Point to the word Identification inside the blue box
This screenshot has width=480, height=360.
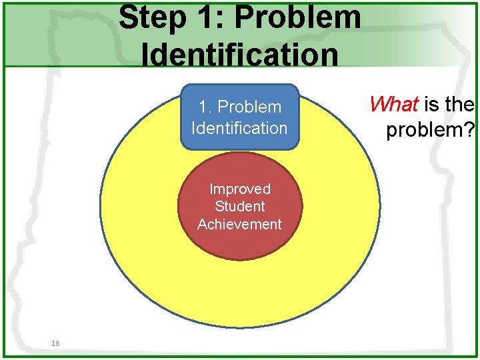click(239, 127)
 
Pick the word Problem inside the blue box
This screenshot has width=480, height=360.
click(250, 107)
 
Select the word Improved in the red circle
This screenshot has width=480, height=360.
click(239, 189)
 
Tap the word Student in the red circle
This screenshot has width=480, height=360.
click(239, 207)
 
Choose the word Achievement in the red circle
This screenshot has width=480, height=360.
click(239, 224)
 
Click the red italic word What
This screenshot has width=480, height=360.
click(393, 104)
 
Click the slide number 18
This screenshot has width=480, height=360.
click(55, 343)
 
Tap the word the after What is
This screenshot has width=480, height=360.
click(461, 105)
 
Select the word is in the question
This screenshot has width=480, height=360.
click(432, 105)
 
